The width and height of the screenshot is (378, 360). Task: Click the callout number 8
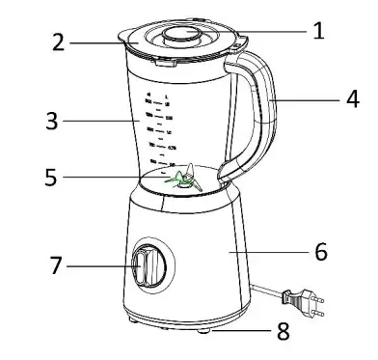(x=283, y=332)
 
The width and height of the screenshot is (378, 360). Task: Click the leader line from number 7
(x=101, y=263)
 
